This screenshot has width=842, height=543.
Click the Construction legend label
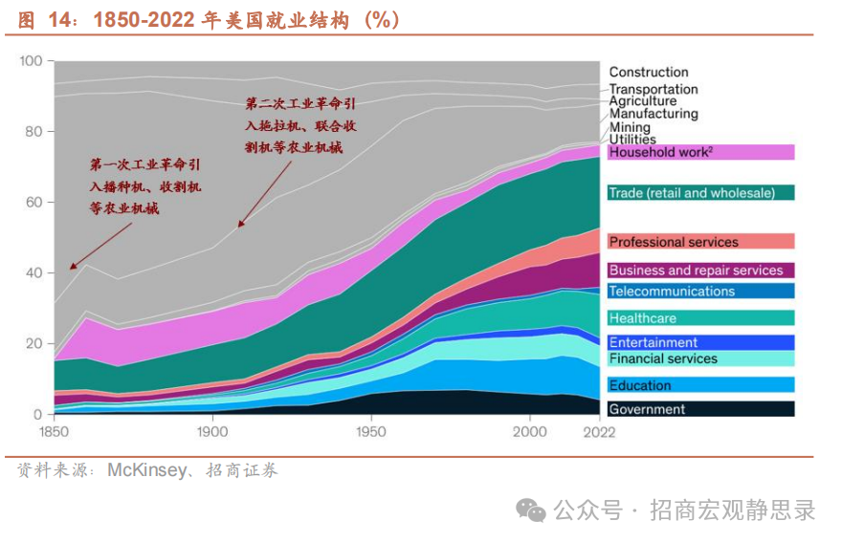(648, 72)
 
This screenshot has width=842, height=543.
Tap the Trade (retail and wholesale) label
(692, 193)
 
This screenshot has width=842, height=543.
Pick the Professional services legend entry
(674, 242)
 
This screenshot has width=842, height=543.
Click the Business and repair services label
(696, 271)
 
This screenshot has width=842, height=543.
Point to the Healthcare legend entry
(642, 318)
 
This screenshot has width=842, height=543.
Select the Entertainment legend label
(654, 342)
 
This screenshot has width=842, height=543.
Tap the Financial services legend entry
(663, 359)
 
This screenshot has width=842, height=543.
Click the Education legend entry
(640, 385)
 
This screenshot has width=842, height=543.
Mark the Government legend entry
(647, 409)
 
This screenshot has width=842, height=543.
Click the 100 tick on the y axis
(32, 61)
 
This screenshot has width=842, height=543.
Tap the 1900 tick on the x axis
(212, 432)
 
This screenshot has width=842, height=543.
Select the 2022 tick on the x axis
(599, 432)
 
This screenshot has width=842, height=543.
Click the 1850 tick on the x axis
(55, 432)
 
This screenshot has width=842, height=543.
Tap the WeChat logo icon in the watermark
(531, 510)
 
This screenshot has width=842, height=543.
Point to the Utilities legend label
(632, 140)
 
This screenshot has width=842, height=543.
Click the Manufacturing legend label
(654, 114)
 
